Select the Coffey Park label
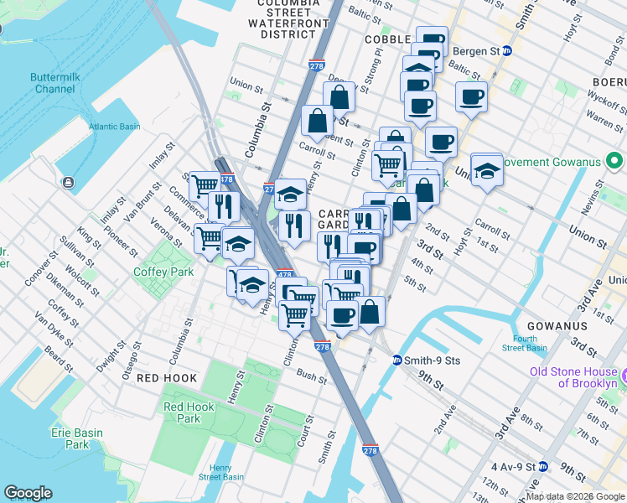point(163,272)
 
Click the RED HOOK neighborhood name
point(167,378)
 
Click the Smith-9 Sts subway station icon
point(397,360)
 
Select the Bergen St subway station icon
point(507,51)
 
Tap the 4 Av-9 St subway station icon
point(543,466)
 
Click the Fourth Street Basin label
point(525,343)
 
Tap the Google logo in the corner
point(28,493)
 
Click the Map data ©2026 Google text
point(574,496)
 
